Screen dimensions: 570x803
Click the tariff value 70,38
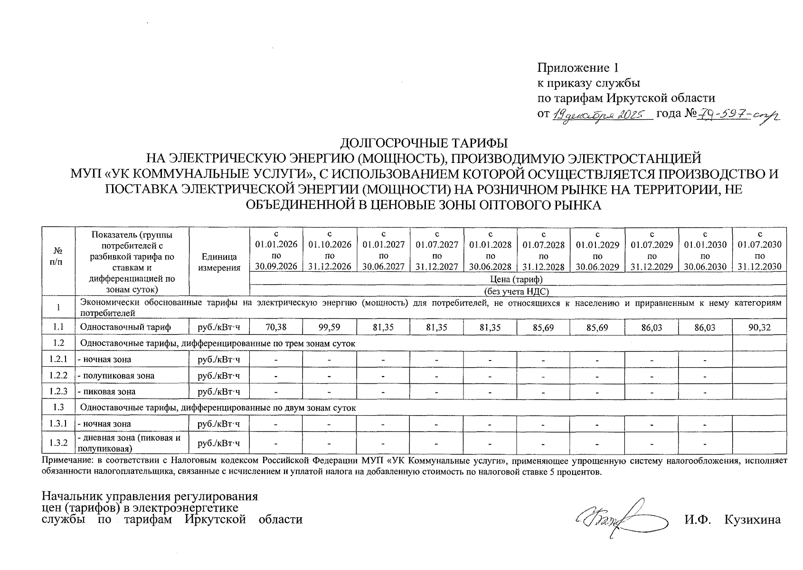(276, 327)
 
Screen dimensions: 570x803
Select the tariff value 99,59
(330, 327)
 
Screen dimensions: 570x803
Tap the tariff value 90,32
(759, 327)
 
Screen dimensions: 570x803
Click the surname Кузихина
(752, 519)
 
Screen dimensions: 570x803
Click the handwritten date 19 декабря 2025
(600, 114)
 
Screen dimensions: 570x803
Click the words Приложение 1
(577, 67)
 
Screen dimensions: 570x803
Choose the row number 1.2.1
(58, 360)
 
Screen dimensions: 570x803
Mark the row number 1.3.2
(58, 443)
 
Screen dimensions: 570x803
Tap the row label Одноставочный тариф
(125, 327)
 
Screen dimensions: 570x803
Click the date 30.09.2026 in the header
(276, 267)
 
